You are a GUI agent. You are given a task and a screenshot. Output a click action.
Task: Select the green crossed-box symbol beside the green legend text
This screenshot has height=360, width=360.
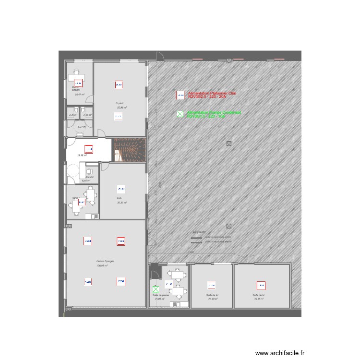pos(180,114)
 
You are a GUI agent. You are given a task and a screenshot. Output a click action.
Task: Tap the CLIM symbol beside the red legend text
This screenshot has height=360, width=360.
pos(180,96)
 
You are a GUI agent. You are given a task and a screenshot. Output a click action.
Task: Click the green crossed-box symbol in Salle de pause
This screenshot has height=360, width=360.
pos(155,289)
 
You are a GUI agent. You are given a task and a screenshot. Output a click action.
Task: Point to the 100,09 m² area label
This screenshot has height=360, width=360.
pos(102,265)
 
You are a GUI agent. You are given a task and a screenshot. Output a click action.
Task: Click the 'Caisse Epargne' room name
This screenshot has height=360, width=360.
pos(105,261)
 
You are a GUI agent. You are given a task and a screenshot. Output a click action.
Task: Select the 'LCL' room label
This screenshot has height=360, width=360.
pos(119,198)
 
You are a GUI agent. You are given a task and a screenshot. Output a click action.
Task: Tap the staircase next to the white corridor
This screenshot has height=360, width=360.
pos(129,149)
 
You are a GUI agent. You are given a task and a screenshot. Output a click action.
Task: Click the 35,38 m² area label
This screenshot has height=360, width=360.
pos(260,299)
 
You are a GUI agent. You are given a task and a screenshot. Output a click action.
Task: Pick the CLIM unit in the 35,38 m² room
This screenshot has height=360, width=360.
pos(261,284)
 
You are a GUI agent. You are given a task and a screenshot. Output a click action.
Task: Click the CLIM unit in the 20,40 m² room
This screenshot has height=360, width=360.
pos(211,284)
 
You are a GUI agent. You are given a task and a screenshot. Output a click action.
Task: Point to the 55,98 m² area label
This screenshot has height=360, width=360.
pos(121,108)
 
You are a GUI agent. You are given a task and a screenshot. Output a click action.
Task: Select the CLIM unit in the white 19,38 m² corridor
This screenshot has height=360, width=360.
pos(89,148)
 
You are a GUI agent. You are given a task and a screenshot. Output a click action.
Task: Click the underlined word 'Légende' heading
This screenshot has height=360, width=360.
pos(199,231)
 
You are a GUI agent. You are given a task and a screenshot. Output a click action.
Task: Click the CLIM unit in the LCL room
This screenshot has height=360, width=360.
pos(121,188)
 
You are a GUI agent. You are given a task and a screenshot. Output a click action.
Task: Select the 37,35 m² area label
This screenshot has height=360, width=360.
pos(121,203)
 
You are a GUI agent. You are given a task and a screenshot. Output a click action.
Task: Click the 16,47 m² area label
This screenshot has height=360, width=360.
pos(80,94)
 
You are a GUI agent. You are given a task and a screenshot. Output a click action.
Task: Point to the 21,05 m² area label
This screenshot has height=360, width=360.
pos(159,299)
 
